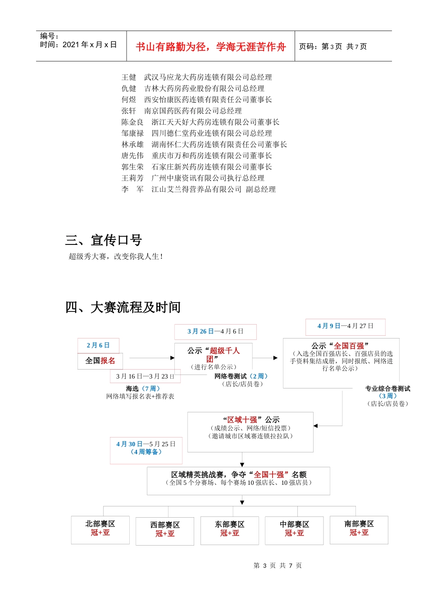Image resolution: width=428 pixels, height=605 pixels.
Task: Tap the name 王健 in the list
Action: (x=128, y=77)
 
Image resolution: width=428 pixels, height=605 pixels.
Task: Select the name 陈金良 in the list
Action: (x=132, y=122)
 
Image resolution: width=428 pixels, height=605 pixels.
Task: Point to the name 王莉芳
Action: (x=132, y=178)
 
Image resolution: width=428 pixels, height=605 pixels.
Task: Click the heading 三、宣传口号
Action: (x=104, y=240)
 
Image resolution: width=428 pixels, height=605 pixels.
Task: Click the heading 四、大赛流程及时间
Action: (x=123, y=307)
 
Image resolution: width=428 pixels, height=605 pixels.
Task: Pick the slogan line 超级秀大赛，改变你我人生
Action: (x=115, y=257)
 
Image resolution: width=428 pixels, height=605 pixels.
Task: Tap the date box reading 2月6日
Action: (x=98, y=345)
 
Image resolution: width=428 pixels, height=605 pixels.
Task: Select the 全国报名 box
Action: (x=100, y=361)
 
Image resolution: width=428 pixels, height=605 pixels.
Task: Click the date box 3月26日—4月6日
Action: (x=215, y=331)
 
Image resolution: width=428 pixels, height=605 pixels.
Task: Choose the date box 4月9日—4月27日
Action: (x=345, y=326)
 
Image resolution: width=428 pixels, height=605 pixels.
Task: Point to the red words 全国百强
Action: (x=349, y=346)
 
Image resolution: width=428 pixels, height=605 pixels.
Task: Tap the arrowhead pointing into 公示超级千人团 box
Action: (x=172, y=358)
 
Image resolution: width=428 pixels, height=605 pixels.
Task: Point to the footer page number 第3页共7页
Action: (x=278, y=565)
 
